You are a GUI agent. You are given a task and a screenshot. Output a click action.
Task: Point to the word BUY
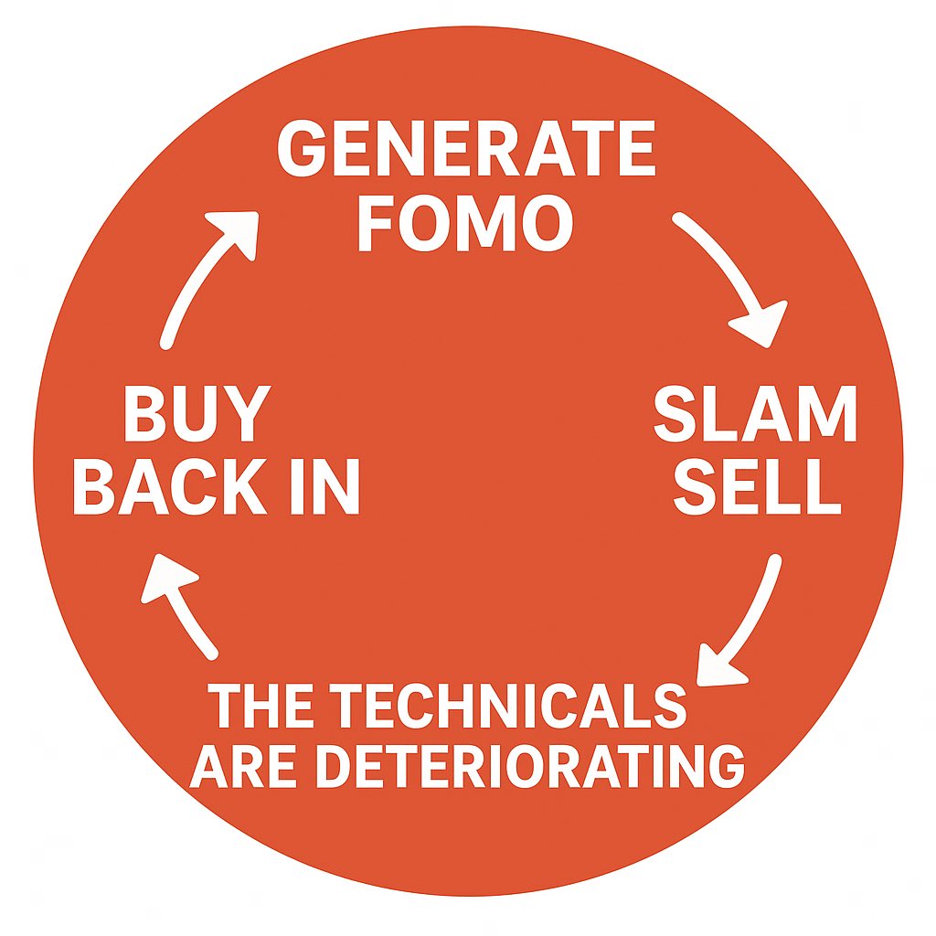tap(194, 416)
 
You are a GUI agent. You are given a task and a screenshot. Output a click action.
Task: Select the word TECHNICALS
tap(507, 707)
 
